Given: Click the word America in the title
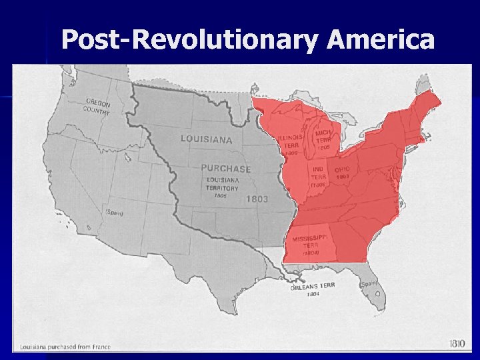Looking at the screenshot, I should [381, 41].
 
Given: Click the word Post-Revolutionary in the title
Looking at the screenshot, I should [189, 41].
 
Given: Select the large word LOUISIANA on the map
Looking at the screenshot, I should [207, 139].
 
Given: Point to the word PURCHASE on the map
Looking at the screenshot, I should [226, 169].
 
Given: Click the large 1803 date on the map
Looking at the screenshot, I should [257, 199].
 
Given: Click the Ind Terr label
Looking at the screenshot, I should [319, 177].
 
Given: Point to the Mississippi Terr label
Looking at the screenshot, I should [311, 243].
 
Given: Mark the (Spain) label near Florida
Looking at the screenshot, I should [369, 283].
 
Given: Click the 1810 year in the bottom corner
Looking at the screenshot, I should [456, 343].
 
